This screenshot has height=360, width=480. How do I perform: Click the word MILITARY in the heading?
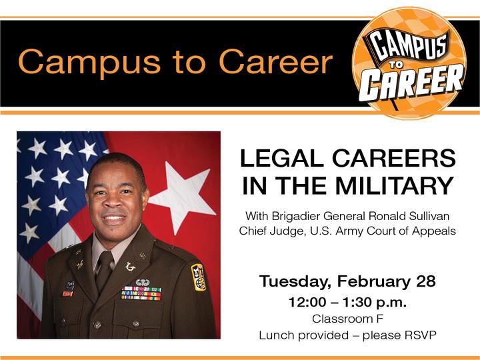pyautogui.click(x=394, y=185)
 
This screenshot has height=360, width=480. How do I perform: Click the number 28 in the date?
pyautogui.click(x=425, y=281)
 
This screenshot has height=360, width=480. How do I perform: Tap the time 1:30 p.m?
pyautogui.click(x=374, y=303)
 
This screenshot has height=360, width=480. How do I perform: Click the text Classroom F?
pyautogui.click(x=347, y=319)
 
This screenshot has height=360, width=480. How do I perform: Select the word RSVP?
pyautogui.click(x=420, y=335)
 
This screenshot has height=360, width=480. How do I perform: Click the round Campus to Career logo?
pyautogui.click(x=409, y=63)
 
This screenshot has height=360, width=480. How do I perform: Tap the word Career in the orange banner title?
pyautogui.click(x=276, y=62)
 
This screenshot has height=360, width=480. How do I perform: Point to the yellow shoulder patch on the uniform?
pyautogui.click(x=199, y=277)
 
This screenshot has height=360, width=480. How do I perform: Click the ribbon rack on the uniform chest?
pyautogui.click(x=141, y=293)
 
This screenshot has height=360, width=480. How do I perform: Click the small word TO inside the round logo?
pyautogui.click(x=397, y=64)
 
